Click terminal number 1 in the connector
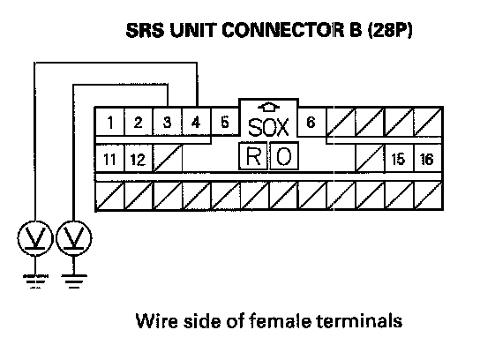click(110, 123)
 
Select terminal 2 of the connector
click(139, 123)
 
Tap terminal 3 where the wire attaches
click(167, 123)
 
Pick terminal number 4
click(196, 123)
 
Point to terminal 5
click(225, 123)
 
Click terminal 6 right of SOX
click(311, 123)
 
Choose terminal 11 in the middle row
click(109, 159)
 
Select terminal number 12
click(138, 159)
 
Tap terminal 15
click(398, 159)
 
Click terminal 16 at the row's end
click(427, 159)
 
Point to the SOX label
click(268, 127)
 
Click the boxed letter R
click(253, 156)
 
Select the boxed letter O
click(284, 156)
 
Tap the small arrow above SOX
click(269, 107)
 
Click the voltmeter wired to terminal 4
click(35, 238)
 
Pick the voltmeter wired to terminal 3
click(74, 238)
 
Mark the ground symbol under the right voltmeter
click(74, 281)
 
